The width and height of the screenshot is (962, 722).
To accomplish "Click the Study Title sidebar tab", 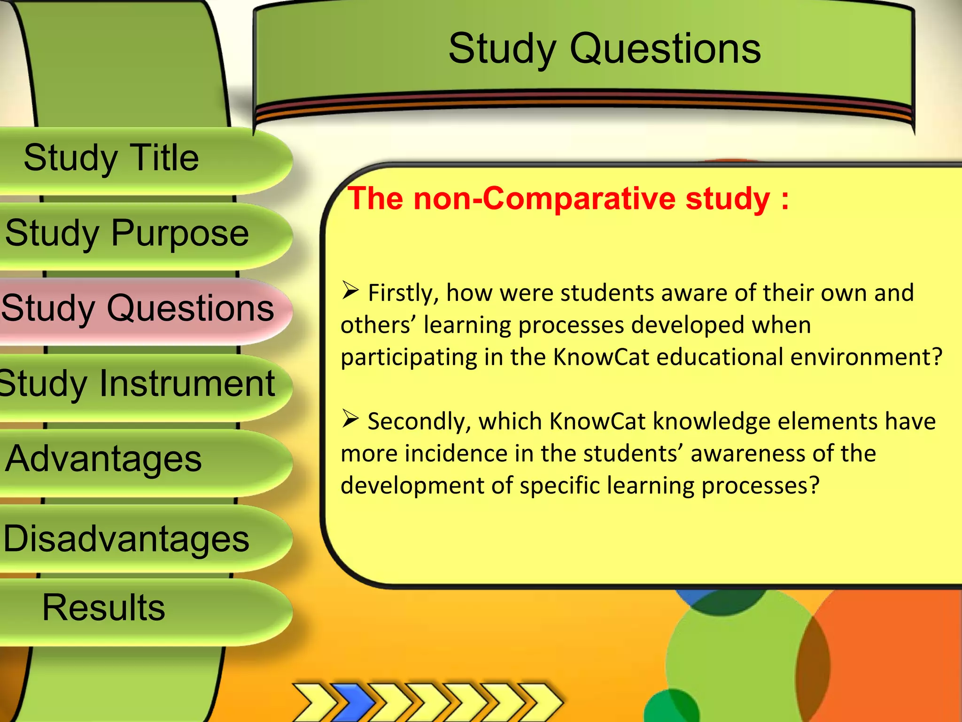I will click(111, 158).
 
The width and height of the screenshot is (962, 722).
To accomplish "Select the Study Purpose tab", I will click(127, 233).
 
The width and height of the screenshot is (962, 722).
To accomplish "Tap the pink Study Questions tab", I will click(137, 308).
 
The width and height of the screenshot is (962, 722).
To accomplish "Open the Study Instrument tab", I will click(137, 384).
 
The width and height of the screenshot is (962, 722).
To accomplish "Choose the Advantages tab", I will click(103, 459).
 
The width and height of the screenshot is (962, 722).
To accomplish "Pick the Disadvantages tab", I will click(126, 539).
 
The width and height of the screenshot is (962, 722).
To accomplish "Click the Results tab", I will click(103, 607).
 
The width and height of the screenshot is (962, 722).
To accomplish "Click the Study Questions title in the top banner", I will click(604, 49).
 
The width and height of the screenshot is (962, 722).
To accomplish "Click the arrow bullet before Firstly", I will click(350, 290).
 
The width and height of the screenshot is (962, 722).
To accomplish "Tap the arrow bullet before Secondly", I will click(350, 418).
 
